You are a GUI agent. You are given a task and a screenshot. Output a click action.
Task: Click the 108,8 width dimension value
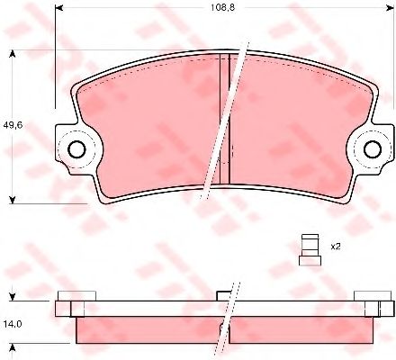point(222,7)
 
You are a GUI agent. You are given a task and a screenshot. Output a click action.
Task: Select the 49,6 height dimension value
point(13,125)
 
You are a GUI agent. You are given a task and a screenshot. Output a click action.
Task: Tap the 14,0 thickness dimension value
point(13,324)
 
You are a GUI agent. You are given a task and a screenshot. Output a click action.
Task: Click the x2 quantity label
point(336,247)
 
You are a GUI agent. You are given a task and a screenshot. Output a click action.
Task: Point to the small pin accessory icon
point(310,249)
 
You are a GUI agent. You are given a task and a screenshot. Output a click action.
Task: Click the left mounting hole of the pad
point(76,149)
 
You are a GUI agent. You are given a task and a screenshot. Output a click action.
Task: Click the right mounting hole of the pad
point(373,149)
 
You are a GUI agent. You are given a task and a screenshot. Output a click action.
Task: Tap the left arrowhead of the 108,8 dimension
point(58,8)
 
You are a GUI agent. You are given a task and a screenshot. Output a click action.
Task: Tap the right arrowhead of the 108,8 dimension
point(390,8)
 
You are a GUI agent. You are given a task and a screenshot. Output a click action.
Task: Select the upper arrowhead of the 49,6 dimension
point(13,54)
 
